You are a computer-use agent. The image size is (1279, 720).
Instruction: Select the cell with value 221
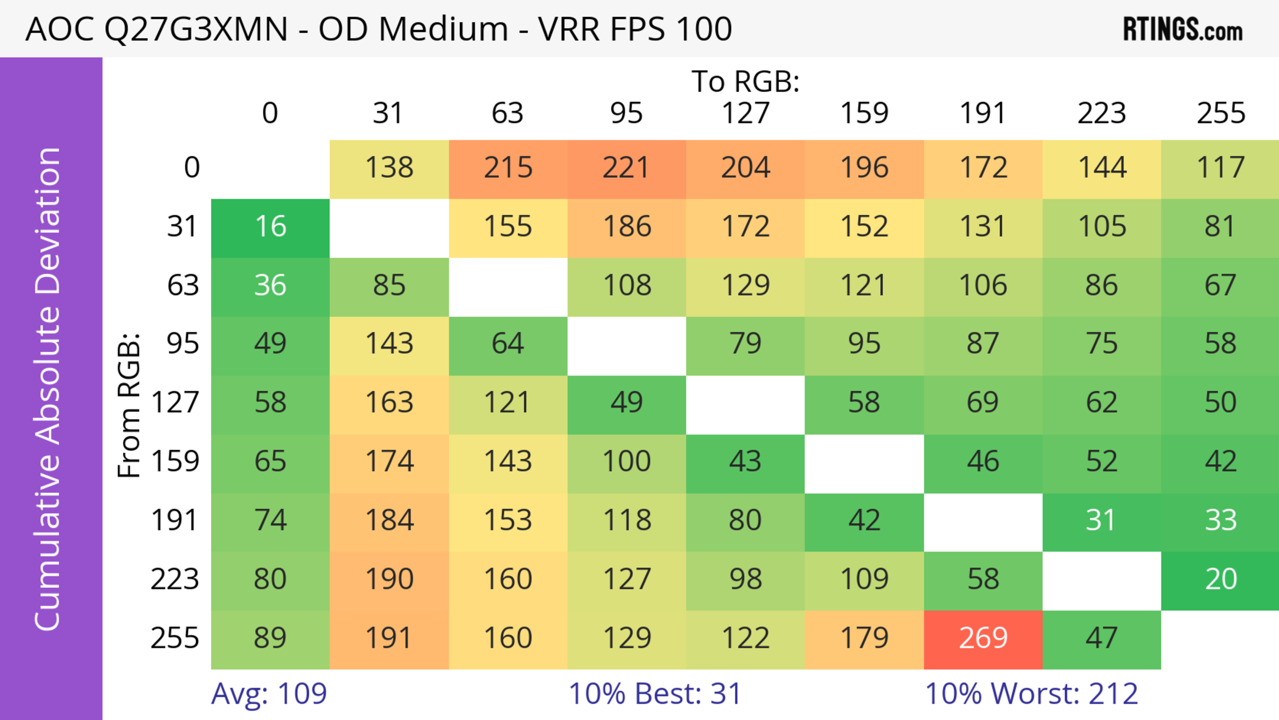627,168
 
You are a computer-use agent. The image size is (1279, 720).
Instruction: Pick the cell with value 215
508,168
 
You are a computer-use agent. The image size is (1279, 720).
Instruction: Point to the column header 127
745,113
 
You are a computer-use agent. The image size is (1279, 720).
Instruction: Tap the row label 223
175,579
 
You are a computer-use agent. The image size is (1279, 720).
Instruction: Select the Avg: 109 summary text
268,694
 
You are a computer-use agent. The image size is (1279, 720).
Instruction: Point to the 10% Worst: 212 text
1031,694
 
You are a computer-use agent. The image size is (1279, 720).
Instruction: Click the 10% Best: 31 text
655,694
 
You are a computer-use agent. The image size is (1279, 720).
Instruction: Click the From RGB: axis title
129,405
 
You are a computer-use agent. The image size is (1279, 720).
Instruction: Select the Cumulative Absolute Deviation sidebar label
48,389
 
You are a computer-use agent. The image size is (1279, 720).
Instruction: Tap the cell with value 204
745,168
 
